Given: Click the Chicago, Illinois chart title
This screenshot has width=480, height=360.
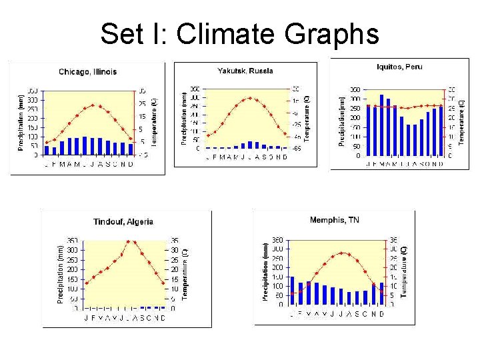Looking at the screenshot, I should click(x=87, y=71).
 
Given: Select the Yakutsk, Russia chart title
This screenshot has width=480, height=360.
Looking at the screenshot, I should click(x=245, y=71).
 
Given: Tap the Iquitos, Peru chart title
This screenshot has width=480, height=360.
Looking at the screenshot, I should click(x=399, y=67).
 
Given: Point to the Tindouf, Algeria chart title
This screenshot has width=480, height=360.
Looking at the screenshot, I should click(x=123, y=221).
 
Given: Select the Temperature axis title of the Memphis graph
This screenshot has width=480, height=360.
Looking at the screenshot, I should click(x=403, y=269).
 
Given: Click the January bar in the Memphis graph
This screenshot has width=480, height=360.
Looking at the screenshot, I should click(x=292, y=291).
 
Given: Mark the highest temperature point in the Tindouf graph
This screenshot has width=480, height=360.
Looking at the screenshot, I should click(x=128, y=241).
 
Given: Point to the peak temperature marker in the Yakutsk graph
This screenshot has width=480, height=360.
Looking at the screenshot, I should click(x=250, y=98).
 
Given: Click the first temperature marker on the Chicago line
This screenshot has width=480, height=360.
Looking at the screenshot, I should click(x=46, y=142).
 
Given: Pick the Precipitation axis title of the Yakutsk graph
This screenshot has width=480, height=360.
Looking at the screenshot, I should click(x=184, y=118).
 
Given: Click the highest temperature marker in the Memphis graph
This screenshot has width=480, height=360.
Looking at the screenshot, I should click(x=342, y=253).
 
